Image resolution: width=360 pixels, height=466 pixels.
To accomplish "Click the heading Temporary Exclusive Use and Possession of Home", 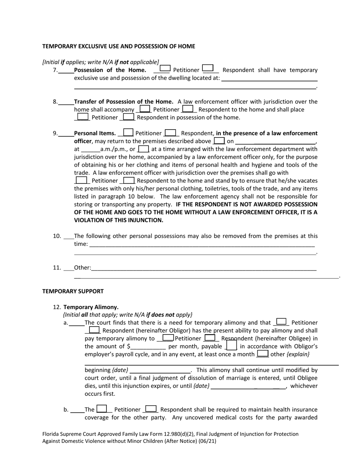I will point(119,46).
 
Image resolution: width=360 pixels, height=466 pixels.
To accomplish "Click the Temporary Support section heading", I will point(73,291).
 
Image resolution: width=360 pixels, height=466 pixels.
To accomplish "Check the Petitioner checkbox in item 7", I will point(165,69).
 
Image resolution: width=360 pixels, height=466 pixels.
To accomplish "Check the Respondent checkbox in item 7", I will point(208,69).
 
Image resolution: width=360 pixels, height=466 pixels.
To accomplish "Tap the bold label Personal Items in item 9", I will point(95,133).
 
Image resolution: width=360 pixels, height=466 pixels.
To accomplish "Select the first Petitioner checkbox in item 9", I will point(128,133).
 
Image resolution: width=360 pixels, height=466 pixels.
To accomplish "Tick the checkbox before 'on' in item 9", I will point(219,141).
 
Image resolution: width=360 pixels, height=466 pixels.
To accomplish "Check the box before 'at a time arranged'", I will point(144,149).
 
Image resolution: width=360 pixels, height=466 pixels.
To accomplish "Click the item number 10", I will point(57,236).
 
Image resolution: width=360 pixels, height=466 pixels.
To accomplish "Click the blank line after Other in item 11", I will point(203,268).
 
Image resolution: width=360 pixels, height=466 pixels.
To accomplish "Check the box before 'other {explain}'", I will point(263,353).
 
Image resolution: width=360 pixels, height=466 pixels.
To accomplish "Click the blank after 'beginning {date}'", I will point(160,371).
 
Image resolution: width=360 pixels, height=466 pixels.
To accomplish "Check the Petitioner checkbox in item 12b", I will point(102,409).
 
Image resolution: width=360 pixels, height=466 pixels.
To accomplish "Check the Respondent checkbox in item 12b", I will point(151,409).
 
